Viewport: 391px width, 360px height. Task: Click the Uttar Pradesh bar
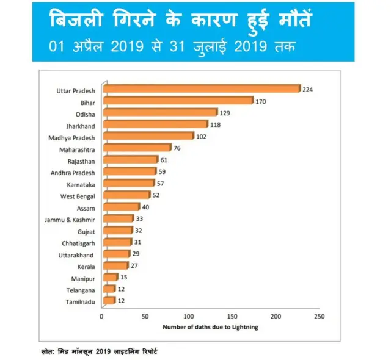tap(201, 89)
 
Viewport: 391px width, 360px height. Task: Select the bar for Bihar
tap(177, 101)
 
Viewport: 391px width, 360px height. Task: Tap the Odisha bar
tap(159, 113)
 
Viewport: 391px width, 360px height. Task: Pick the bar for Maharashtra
tap(137, 148)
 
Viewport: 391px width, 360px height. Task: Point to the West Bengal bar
tap(126, 195)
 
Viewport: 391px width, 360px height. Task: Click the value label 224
tap(307, 90)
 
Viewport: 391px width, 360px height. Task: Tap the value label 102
tap(201, 137)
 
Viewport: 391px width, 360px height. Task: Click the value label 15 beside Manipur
tap(124, 278)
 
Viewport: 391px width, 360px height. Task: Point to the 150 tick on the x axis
tap(232, 317)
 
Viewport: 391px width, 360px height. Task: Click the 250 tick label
tap(318, 317)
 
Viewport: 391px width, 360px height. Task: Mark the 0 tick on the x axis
tap(101, 317)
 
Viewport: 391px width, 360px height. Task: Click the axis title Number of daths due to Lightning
tap(210, 328)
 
